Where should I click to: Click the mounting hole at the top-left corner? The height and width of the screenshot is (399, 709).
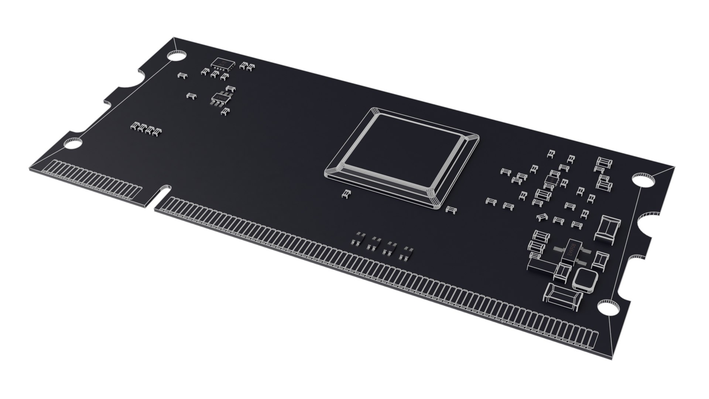[176, 56]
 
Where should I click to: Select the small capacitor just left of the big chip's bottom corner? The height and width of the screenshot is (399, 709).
[346, 194]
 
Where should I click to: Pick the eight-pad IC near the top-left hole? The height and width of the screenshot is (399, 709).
[223, 64]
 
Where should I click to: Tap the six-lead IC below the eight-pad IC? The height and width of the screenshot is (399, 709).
[220, 98]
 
